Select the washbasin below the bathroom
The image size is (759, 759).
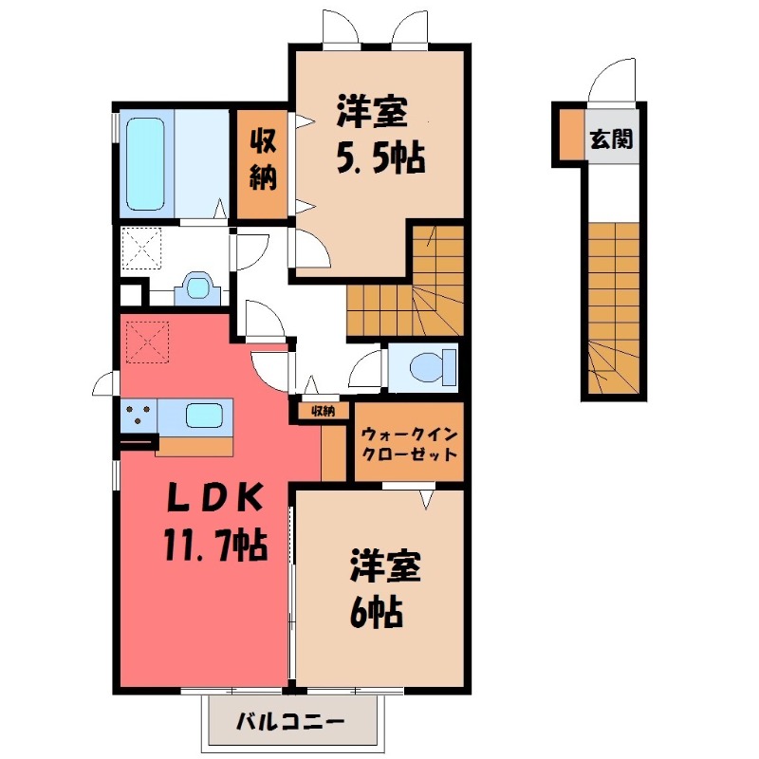click(x=196, y=287)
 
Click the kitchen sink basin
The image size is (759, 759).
click(x=205, y=415)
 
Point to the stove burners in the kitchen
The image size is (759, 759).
click(x=139, y=415)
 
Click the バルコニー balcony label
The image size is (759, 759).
click(x=290, y=724)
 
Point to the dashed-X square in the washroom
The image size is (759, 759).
click(x=144, y=250)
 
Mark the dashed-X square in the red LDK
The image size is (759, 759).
click(x=145, y=342)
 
